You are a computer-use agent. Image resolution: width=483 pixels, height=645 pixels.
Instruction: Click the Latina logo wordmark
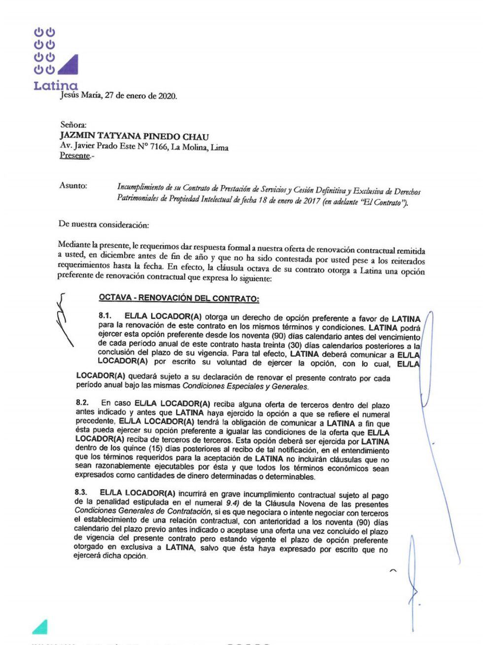tap(55, 85)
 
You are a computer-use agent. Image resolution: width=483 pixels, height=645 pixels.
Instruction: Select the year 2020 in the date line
tap(167, 97)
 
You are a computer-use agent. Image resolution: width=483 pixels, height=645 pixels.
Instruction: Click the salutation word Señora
tap(73, 125)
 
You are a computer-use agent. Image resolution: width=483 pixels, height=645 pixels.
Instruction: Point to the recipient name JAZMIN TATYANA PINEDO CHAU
tap(134, 137)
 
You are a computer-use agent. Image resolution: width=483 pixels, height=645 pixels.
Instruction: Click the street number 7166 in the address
tap(157, 147)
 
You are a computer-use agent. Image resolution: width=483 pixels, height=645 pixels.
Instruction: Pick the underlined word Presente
tap(75, 156)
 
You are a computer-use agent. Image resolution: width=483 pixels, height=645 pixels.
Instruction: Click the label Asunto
tap(73, 186)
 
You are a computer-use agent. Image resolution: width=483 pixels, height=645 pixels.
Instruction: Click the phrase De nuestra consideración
tap(103, 225)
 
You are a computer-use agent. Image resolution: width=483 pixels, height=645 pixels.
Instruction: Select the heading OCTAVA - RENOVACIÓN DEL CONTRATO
tap(178, 299)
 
